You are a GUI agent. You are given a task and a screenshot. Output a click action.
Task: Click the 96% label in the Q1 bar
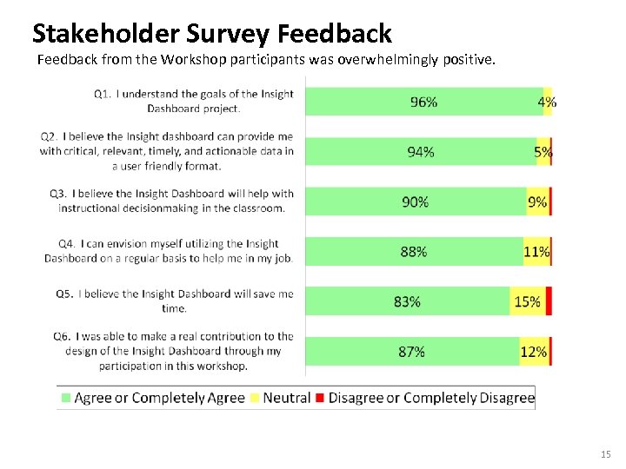tap(423, 102)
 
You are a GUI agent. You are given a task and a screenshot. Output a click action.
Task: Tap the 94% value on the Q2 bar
tap(421, 152)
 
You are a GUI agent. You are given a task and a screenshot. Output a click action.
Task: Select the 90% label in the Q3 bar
tap(415, 201)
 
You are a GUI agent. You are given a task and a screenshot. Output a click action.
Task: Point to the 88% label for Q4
tap(413, 252)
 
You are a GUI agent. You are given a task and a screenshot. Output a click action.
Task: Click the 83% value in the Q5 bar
tap(407, 301)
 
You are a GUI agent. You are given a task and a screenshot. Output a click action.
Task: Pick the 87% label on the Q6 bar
tap(411, 352)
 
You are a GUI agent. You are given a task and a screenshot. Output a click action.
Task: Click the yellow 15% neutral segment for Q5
tap(527, 301)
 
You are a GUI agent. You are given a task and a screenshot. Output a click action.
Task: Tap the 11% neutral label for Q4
tap(536, 252)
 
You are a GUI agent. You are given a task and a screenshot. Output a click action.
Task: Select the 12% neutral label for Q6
tap(533, 352)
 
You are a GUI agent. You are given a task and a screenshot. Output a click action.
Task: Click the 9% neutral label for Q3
tap(537, 201)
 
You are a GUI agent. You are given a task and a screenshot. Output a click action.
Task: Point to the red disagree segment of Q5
tap(549, 301)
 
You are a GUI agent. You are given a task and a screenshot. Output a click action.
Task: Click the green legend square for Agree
tap(65, 398)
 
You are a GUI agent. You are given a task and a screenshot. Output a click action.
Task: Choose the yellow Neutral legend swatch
tap(255, 398)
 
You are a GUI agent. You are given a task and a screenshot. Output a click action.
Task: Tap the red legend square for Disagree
tap(319, 398)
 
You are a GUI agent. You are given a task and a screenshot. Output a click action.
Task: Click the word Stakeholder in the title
tap(106, 34)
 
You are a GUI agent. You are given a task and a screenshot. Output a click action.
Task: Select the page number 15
tap(606, 454)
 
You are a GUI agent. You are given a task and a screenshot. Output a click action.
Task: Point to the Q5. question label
tap(64, 294)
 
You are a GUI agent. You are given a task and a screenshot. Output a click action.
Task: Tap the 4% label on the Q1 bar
tap(547, 102)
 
